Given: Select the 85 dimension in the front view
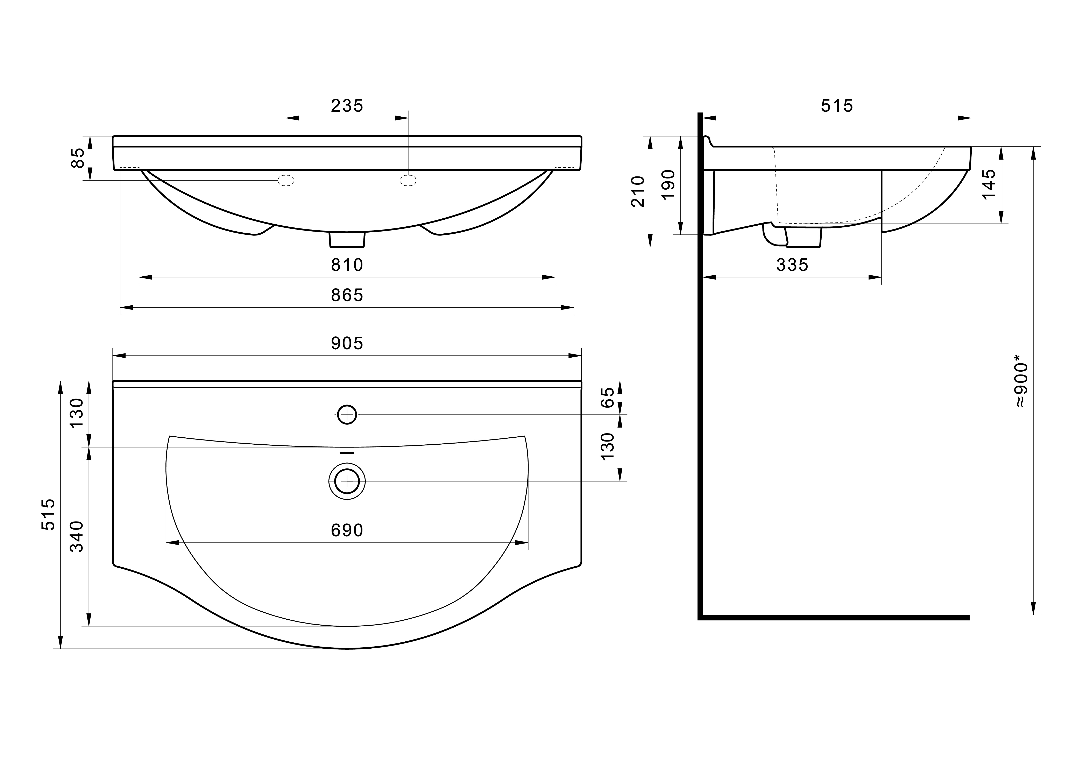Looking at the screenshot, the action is [77, 158].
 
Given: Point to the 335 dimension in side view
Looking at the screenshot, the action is [792, 265].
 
